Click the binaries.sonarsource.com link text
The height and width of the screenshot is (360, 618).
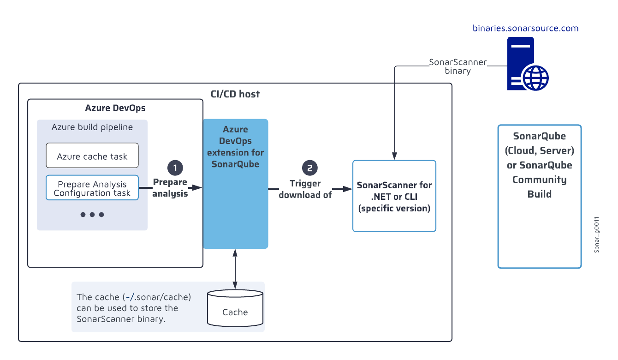pyautogui.click(x=525, y=28)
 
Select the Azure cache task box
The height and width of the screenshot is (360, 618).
pyautogui.click(x=92, y=156)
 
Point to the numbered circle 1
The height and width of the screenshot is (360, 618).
pyautogui.click(x=174, y=168)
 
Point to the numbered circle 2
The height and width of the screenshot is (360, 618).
pyautogui.click(x=310, y=168)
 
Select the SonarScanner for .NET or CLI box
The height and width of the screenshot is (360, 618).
pyautogui.click(x=394, y=196)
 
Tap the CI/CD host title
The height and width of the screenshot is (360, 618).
pyautogui.click(x=235, y=94)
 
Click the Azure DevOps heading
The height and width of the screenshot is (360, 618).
pyautogui.click(x=115, y=108)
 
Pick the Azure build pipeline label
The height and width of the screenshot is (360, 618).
pyautogui.click(x=92, y=127)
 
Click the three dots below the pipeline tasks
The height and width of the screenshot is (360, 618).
pyautogui.click(x=92, y=215)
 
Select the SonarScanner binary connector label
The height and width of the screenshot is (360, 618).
pyautogui.click(x=458, y=66)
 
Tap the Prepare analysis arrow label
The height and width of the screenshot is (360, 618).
pyautogui.click(x=170, y=188)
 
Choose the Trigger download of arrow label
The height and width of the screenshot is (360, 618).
pyautogui.click(x=305, y=189)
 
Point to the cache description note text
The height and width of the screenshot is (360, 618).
pyautogui.click(x=134, y=307)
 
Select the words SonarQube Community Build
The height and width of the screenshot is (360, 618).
pyautogui.click(x=540, y=180)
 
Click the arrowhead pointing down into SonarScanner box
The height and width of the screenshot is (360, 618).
pyautogui.click(x=394, y=156)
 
